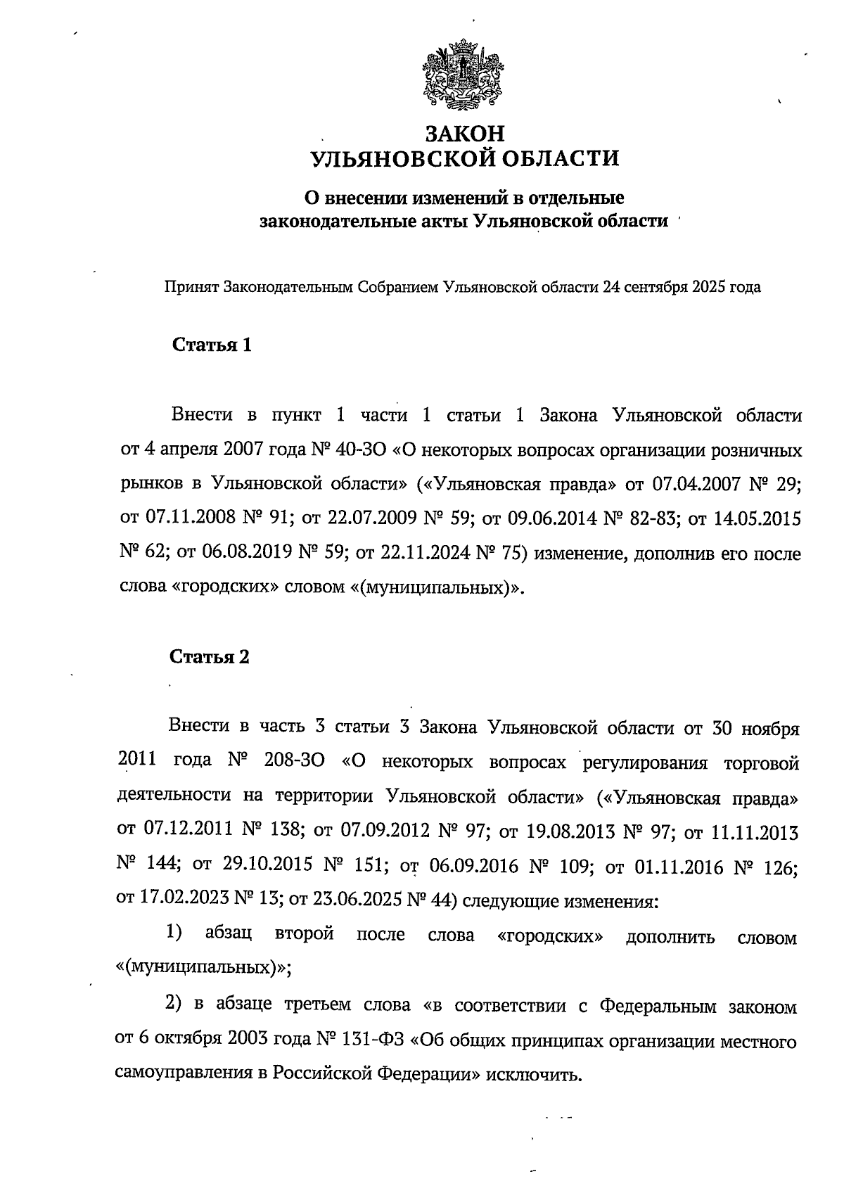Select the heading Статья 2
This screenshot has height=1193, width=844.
tap(210, 657)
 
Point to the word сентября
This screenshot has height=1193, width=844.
tap(654, 287)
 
